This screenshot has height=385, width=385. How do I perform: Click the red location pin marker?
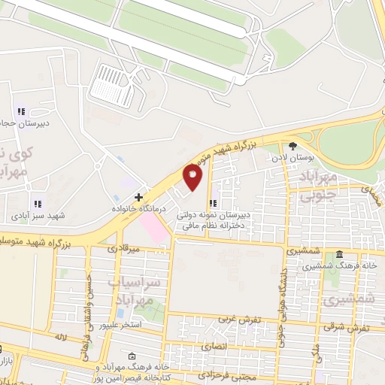[193, 177]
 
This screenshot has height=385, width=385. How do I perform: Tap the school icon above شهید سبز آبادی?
[37, 203]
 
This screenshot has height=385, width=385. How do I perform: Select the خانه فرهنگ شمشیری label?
[345, 265]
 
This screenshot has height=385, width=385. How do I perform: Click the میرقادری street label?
[123, 247]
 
